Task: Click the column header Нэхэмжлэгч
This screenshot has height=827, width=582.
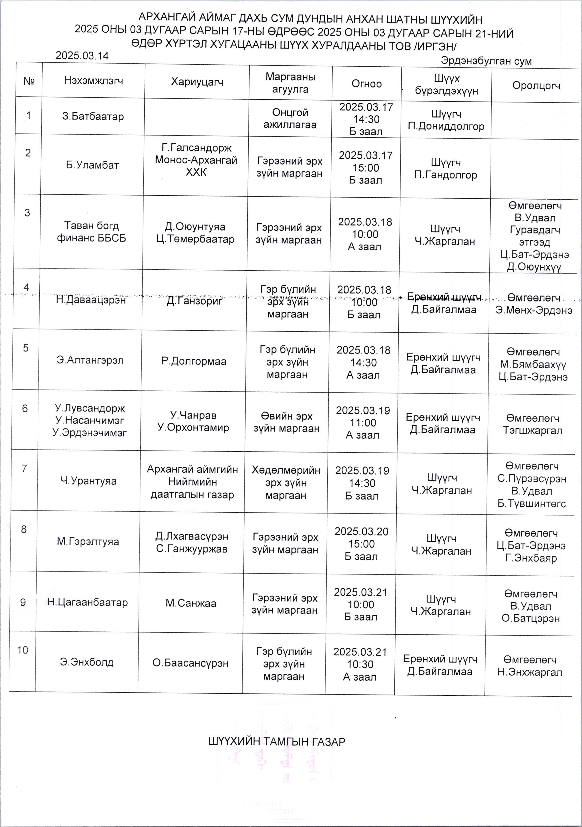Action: point(93,80)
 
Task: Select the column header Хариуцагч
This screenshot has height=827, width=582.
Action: point(197,82)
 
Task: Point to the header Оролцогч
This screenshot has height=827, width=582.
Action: point(536,86)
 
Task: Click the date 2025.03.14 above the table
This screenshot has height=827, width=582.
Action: point(82,56)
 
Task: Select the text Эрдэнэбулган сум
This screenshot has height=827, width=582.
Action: point(486,61)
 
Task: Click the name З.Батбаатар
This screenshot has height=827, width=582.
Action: point(93,116)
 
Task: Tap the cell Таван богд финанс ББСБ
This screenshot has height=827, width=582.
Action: point(91,232)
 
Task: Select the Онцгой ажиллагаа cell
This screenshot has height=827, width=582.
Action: point(290,118)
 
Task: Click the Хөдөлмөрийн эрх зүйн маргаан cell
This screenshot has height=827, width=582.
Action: point(286,483)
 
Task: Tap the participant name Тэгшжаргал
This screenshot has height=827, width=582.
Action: point(533,430)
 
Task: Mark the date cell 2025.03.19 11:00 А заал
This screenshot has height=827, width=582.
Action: point(363,423)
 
